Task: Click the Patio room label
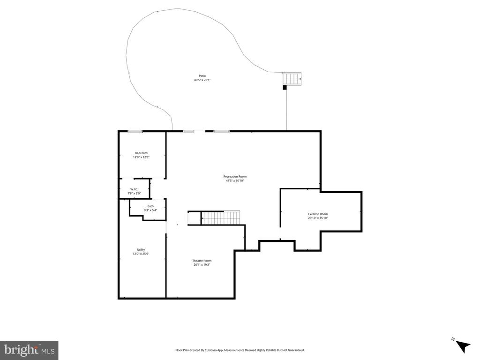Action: [202, 75]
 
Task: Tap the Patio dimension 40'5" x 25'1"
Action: [202, 80]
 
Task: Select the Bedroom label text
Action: [141, 153]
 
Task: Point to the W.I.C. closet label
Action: [135, 189]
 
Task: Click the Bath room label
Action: [150, 206]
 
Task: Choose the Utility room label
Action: [141, 249]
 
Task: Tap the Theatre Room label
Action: [202, 261]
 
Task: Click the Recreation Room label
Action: [234, 176]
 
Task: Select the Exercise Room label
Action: [318, 214]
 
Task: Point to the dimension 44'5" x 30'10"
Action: [234, 181]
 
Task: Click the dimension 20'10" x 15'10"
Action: [318, 218]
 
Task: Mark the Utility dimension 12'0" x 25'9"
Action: [141, 254]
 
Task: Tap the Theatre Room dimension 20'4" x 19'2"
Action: [202, 265]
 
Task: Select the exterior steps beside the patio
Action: [292, 79]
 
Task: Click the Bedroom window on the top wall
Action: [135, 131]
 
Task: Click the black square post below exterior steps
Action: [285, 87]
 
